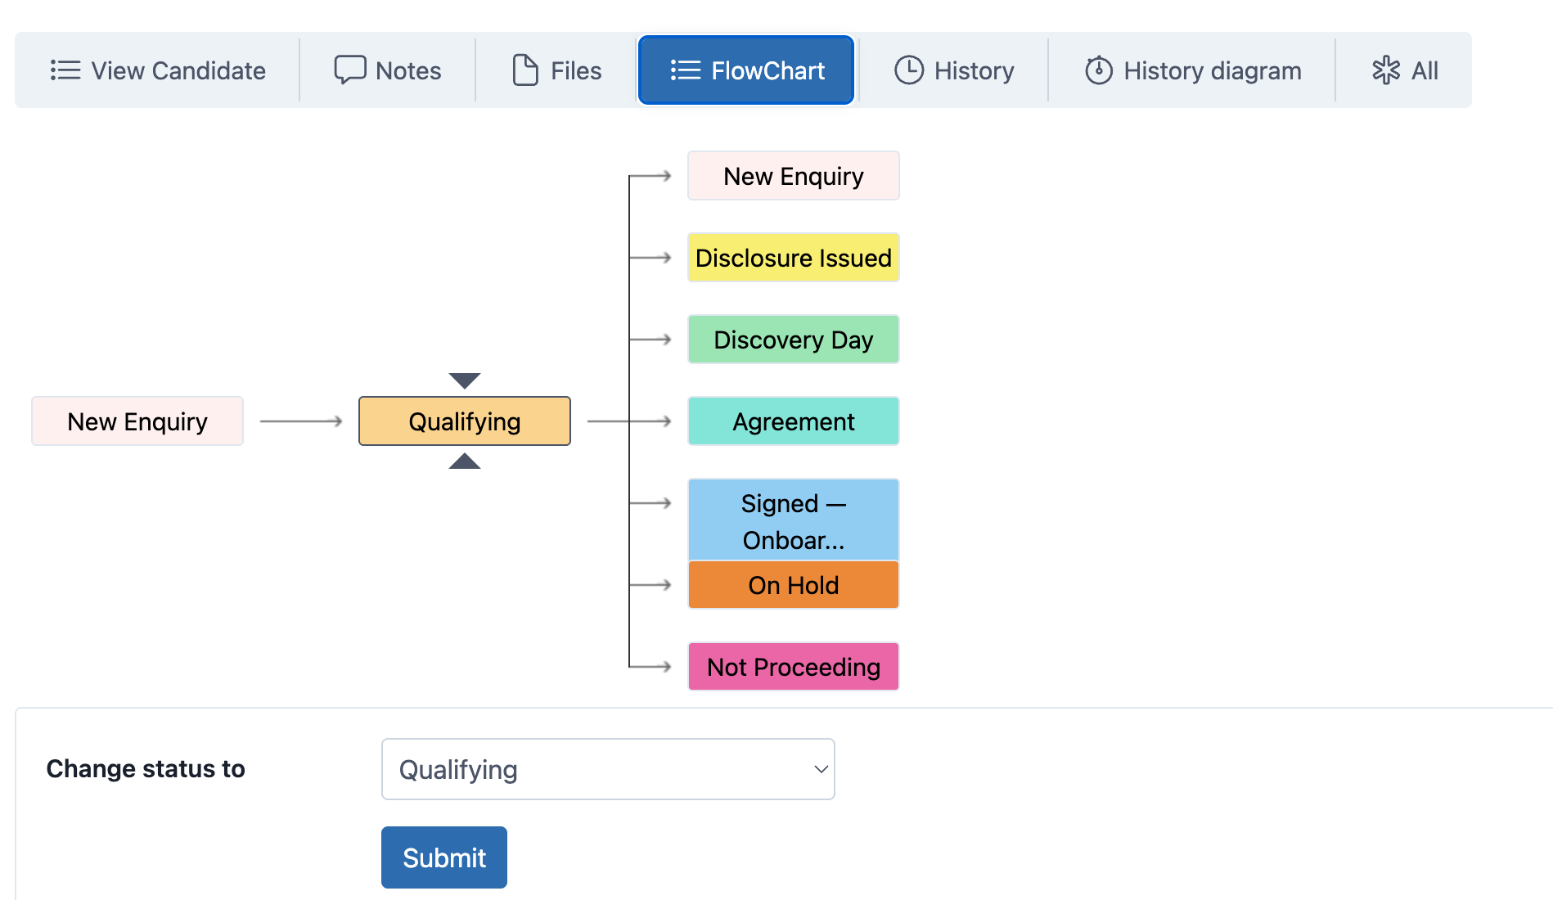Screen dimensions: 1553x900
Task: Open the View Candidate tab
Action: click(x=158, y=70)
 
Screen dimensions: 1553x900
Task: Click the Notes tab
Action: click(x=388, y=70)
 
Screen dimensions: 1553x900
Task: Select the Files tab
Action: click(x=556, y=70)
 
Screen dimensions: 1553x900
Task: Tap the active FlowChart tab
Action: click(x=746, y=70)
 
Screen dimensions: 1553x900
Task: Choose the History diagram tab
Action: click(x=1193, y=70)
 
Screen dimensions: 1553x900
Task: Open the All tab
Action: click(x=1405, y=70)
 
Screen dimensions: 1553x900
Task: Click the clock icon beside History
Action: click(x=909, y=70)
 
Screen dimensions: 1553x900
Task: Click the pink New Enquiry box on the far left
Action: click(x=137, y=421)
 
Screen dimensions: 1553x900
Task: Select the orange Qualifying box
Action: click(x=465, y=421)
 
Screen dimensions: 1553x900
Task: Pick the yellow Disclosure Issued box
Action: click(x=794, y=258)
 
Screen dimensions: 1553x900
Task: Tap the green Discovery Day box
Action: click(x=794, y=340)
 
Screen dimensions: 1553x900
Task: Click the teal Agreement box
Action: click(x=794, y=421)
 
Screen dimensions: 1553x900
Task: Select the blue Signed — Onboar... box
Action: click(x=794, y=520)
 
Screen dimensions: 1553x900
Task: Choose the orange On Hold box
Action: click(x=794, y=585)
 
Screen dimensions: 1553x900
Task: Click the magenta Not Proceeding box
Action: click(x=794, y=667)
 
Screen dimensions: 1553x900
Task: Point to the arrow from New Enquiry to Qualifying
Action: click(x=301, y=421)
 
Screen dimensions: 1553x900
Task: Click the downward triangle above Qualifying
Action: click(x=465, y=380)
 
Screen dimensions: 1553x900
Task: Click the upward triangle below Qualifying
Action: click(x=465, y=461)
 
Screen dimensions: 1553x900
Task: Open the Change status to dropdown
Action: click(x=608, y=769)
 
